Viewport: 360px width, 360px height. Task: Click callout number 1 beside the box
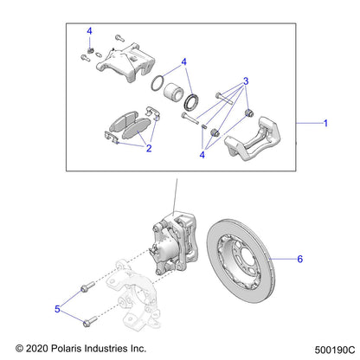325,124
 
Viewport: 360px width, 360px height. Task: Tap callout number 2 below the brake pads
148,149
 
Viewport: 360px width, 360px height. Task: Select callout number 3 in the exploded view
247,81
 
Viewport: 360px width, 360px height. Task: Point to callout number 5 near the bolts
59,307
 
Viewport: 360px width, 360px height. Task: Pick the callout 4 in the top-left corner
89,32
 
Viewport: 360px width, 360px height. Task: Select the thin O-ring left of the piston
157,86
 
